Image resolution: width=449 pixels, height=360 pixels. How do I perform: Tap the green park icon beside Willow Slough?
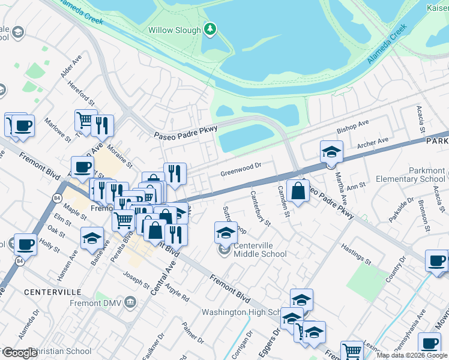click(x=209, y=28)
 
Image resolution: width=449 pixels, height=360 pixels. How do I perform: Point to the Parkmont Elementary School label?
click(x=410, y=175)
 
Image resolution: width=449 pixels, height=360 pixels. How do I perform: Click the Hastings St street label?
click(x=355, y=254)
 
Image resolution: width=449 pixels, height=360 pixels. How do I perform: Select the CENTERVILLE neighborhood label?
click(x=53, y=292)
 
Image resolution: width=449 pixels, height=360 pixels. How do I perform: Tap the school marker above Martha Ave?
click(x=331, y=151)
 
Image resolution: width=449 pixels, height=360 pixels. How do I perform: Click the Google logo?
click(x=20, y=353)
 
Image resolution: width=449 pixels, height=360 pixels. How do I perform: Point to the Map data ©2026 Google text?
click(x=412, y=355)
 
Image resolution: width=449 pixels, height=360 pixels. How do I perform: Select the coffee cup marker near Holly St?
click(x=25, y=244)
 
